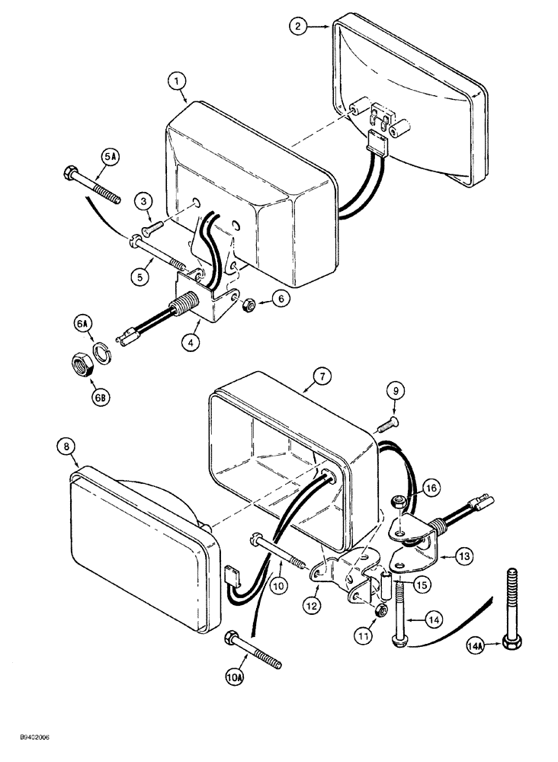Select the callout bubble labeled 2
[299, 27]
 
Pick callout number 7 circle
[322, 375]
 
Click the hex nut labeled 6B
[81, 362]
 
